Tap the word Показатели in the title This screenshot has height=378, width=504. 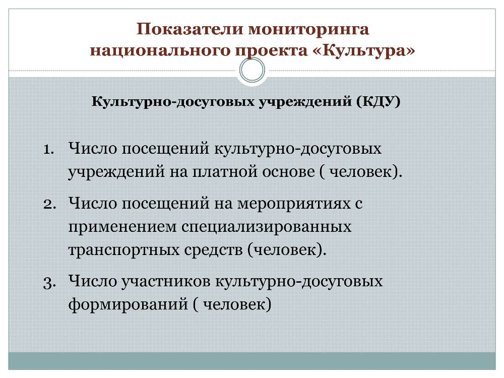[190, 29]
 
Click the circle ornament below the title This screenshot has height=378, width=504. [253, 70]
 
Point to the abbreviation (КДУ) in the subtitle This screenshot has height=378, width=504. [378, 102]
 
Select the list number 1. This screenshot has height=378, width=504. [49, 150]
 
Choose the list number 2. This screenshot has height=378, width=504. [49, 204]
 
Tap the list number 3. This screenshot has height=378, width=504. [49, 283]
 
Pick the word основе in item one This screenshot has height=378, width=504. [288, 171]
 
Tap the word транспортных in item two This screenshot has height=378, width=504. [124, 250]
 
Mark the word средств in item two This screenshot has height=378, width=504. [213, 250]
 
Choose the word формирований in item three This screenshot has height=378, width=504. [128, 304]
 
